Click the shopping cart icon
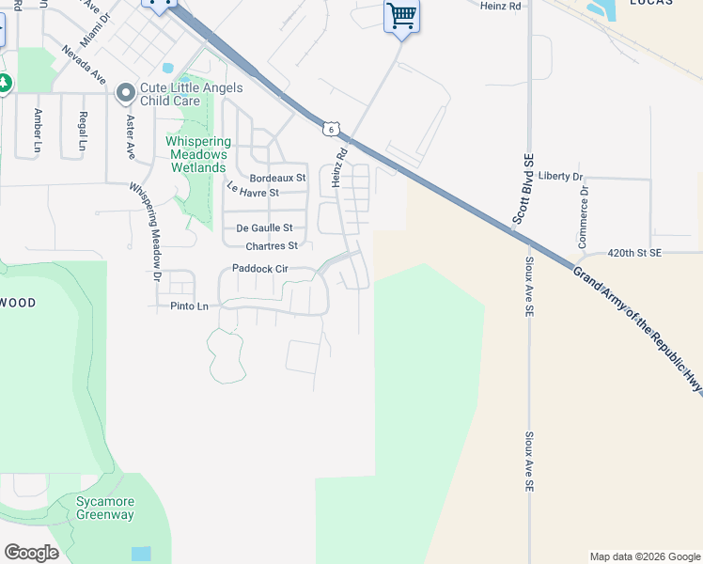[x=401, y=16]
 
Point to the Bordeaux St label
[x=278, y=178]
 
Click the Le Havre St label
[x=253, y=191]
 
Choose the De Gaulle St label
[x=264, y=227]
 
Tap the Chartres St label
[x=272, y=246]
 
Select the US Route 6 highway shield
[x=331, y=129]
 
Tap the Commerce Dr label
[x=584, y=216]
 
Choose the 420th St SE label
[x=634, y=253]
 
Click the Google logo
[x=31, y=553]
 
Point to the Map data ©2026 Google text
[x=645, y=556]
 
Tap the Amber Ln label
[x=39, y=130]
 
